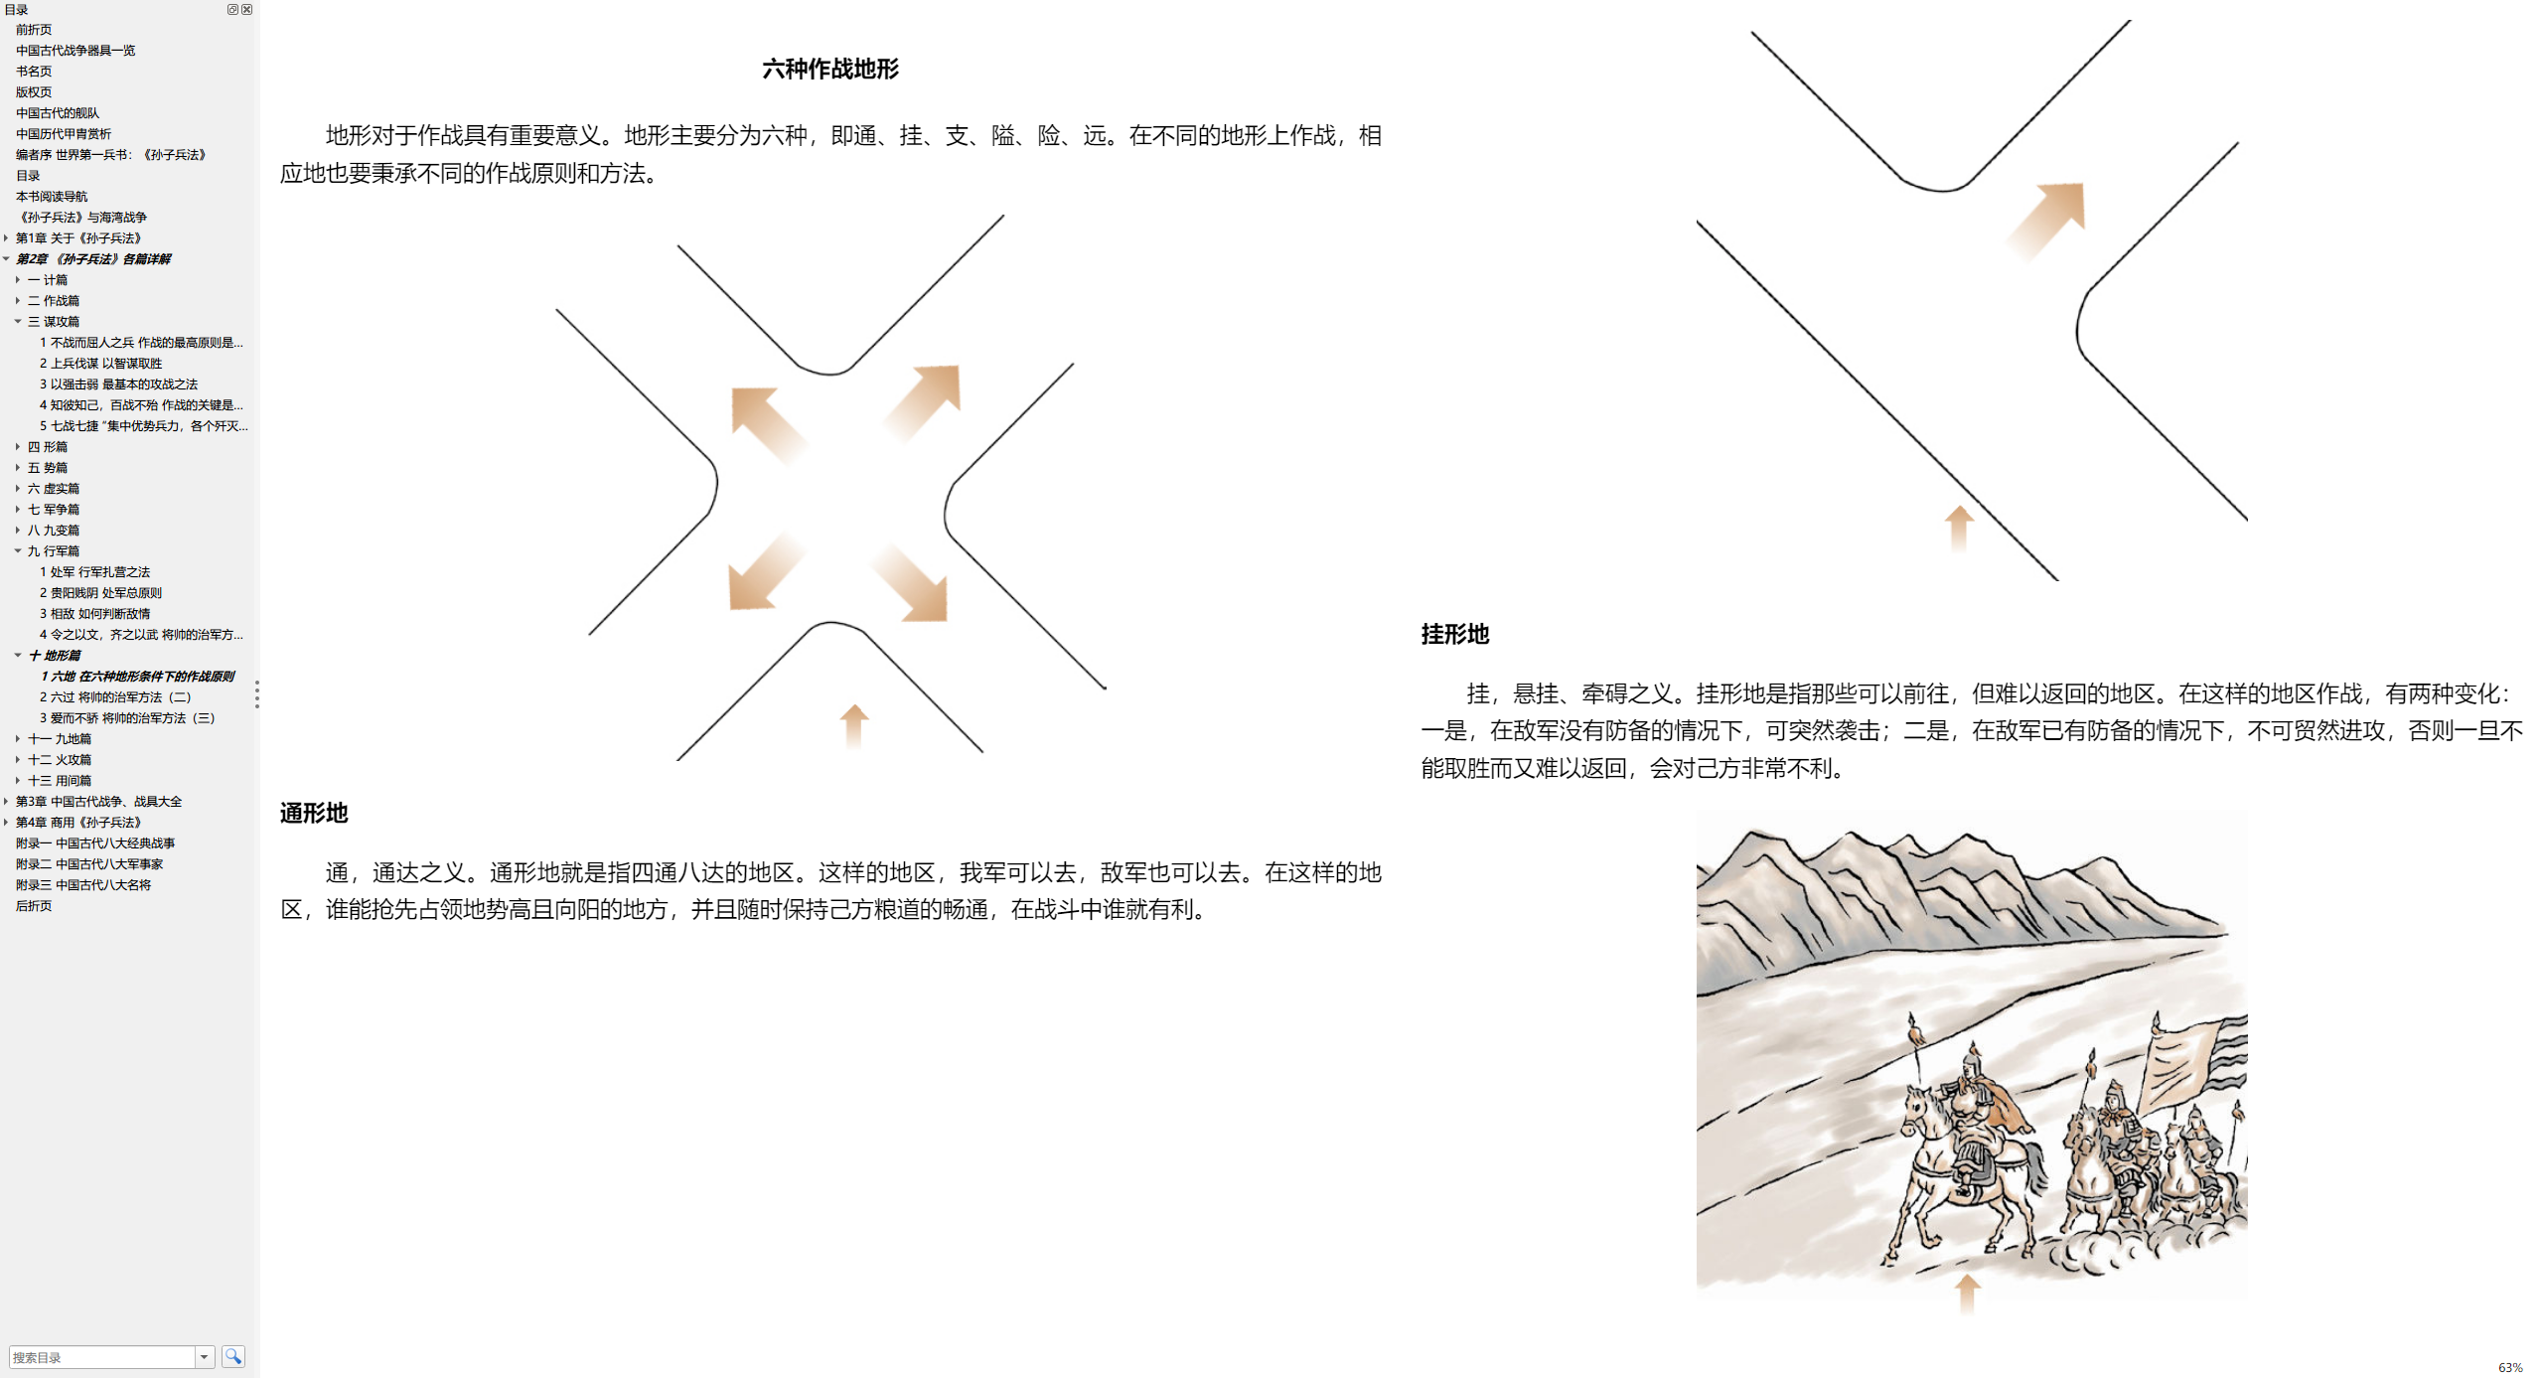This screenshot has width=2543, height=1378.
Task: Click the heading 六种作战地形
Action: pos(830,70)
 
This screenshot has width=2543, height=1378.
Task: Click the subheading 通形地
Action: pos(314,814)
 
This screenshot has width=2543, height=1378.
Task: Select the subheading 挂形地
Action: pos(1455,635)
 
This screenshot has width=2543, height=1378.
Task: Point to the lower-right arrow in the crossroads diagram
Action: pos(910,583)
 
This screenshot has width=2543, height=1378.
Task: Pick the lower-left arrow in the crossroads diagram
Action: pos(765,571)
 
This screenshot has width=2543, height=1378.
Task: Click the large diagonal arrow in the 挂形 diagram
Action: pos(2045,220)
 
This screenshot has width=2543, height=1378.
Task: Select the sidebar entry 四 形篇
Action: pos(48,447)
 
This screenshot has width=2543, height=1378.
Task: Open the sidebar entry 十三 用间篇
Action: pos(60,781)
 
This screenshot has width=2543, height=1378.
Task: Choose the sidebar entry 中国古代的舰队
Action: pos(58,113)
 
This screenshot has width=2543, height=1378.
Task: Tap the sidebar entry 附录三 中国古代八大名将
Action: pos(83,885)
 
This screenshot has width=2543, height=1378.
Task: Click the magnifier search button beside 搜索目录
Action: pos(233,1356)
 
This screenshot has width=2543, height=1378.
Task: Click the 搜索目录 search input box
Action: pos(101,1357)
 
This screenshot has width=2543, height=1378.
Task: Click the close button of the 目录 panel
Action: pos(247,9)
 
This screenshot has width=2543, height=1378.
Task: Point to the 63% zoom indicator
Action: pos(2510,1368)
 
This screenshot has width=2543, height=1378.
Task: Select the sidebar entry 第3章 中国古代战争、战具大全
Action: pos(98,802)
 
